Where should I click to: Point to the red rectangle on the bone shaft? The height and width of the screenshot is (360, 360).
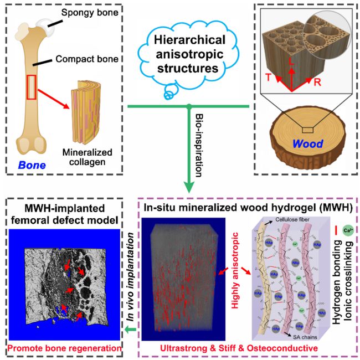click(x=33, y=89)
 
